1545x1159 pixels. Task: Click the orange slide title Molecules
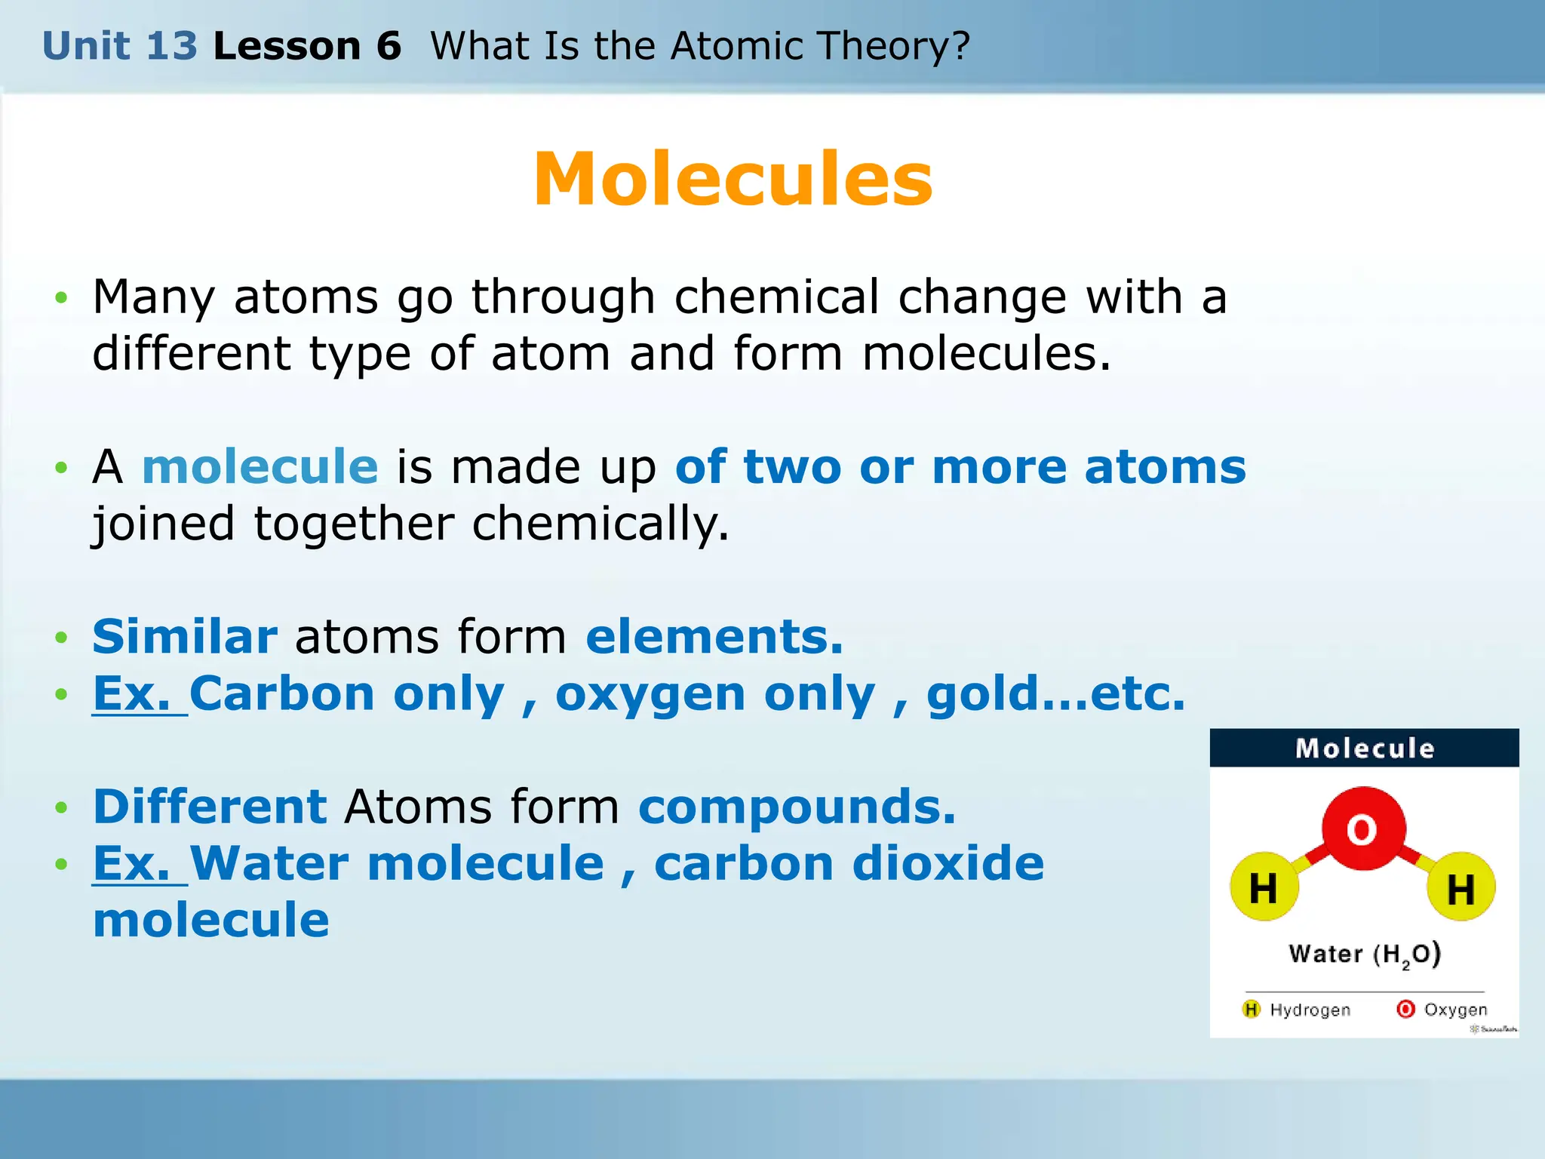(x=733, y=179)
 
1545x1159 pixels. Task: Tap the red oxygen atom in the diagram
(x=1363, y=829)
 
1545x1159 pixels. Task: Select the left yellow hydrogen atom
(x=1264, y=887)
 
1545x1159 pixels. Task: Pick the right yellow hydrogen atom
(x=1461, y=887)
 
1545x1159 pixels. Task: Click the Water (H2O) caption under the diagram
(x=1365, y=955)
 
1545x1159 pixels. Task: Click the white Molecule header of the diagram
(x=1365, y=749)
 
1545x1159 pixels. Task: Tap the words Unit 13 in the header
(x=120, y=46)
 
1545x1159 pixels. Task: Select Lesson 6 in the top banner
(x=307, y=46)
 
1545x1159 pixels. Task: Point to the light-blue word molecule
(x=260, y=466)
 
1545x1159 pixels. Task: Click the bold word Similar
(x=185, y=636)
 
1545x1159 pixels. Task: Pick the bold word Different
(x=210, y=806)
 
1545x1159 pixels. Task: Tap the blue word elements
(x=714, y=636)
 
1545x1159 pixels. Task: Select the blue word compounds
(x=797, y=806)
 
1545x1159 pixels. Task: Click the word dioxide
(x=948, y=863)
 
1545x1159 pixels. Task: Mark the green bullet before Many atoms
(x=62, y=297)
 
